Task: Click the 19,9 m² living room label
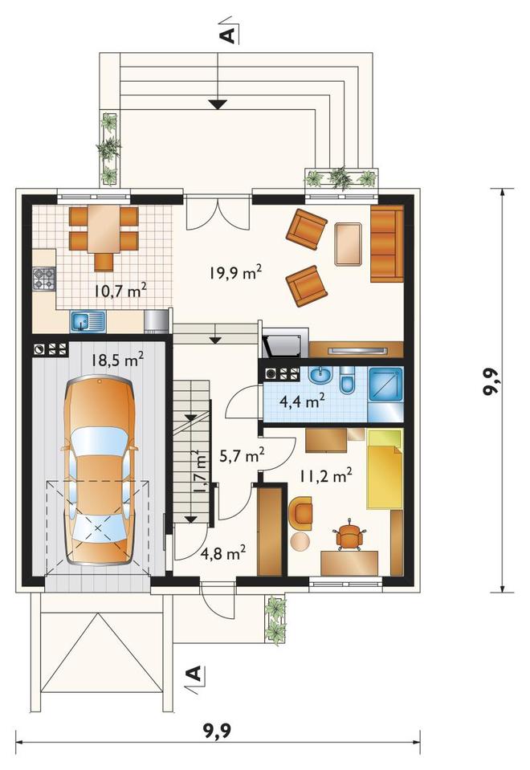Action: (234, 272)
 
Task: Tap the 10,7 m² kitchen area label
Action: (120, 291)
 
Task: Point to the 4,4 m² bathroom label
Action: (302, 401)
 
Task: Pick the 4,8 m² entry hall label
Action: (223, 553)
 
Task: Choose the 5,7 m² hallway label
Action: (242, 456)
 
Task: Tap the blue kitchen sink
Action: (88, 321)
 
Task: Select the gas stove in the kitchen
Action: (44, 279)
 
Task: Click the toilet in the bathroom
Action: (347, 380)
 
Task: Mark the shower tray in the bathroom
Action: (385, 385)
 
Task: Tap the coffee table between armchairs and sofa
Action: (349, 244)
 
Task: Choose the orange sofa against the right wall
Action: (387, 243)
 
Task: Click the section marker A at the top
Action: (226, 35)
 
